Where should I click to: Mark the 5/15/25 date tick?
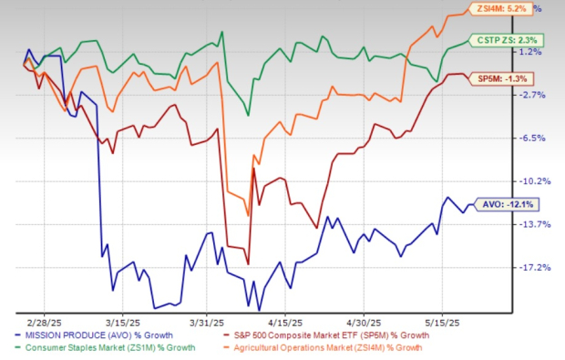click(x=441, y=322)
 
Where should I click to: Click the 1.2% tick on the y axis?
click(x=531, y=52)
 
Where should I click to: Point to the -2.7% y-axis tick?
click(x=531, y=95)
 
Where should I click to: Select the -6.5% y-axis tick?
click(x=531, y=138)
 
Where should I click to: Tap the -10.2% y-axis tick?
click(x=531, y=180)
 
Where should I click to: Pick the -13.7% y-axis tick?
click(x=531, y=224)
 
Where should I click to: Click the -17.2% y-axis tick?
click(x=531, y=267)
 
